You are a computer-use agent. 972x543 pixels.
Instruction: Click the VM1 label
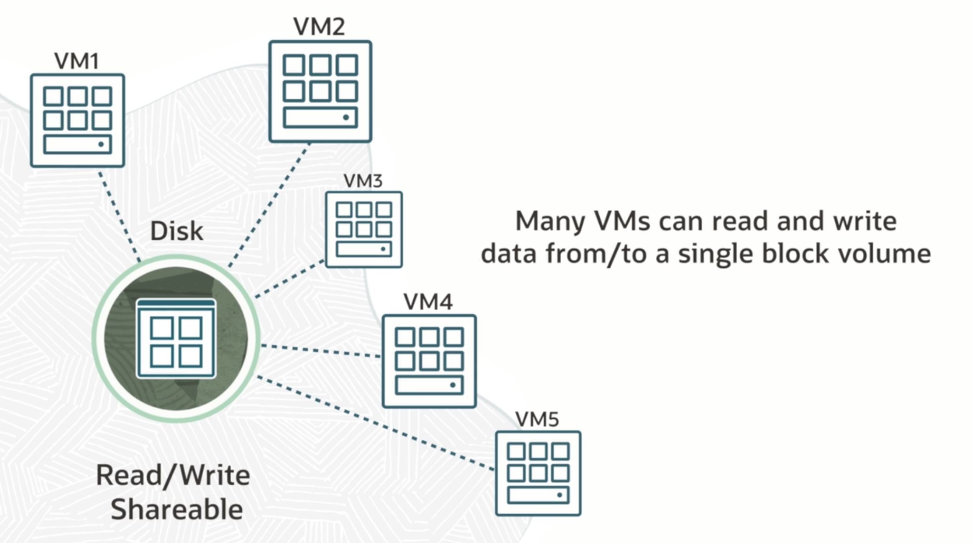pos(77,61)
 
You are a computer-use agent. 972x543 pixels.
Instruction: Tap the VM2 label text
pos(319,27)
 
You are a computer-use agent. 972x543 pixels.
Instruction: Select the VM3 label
pos(363,181)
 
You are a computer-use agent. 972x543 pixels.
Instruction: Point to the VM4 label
pos(428,302)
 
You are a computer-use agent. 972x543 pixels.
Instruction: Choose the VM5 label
pos(537,419)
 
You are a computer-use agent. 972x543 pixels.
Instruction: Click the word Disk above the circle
pos(176,231)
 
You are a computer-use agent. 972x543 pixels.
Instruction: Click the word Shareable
pos(176,509)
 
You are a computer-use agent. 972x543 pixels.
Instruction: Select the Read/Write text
pos(173,476)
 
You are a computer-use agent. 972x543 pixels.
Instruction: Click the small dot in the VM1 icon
pos(101,144)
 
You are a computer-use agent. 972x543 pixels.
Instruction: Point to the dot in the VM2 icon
pos(346,118)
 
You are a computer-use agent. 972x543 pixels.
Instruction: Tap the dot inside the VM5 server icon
pos(560,495)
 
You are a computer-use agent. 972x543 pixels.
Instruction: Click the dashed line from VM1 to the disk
pos(119,215)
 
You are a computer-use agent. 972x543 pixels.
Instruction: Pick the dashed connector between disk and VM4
pos(321,351)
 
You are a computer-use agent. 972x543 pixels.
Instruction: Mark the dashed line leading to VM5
pos(376,423)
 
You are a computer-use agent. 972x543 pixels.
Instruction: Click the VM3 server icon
pos(364,229)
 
